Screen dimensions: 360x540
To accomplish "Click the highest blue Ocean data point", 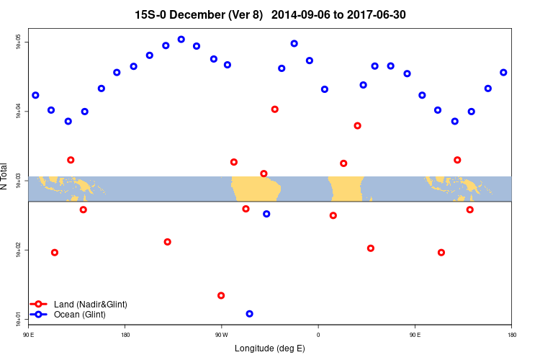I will click(x=181, y=40).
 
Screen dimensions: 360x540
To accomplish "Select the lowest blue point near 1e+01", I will click(x=249, y=314).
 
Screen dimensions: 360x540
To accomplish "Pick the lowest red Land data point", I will click(x=221, y=295).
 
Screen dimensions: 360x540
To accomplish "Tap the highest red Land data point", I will click(x=275, y=109).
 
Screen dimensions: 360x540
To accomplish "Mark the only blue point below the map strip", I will click(x=266, y=214).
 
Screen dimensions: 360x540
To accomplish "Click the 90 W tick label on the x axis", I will click(x=221, y=334).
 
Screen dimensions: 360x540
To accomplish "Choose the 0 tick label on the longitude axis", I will click(x=318, y=334).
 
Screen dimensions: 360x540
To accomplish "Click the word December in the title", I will click(x=194, y=14).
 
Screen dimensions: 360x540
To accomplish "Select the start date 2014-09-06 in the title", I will click(x=302, y=14).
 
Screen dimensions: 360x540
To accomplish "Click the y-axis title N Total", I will click(x=5, y=176).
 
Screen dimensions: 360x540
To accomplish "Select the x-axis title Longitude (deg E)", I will click(x=270, y=348).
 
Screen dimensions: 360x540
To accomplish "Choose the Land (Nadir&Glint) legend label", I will click(x=91, y=305).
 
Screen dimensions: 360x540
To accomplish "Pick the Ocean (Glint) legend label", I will click(x=80, y=315).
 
